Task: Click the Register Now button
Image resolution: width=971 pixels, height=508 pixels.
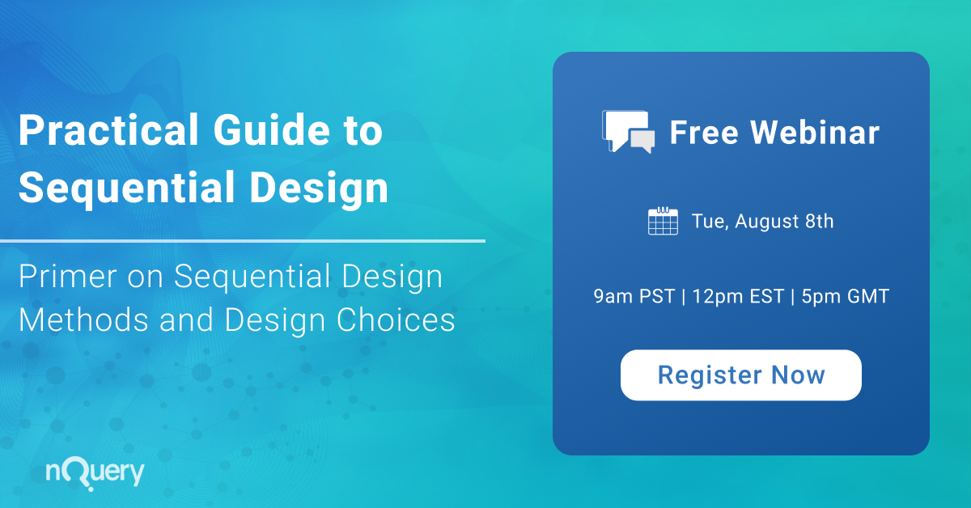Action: (740, 375)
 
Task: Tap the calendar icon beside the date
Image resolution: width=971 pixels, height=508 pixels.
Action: (663, 222)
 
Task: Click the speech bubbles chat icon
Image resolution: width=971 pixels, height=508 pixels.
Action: (628, 131)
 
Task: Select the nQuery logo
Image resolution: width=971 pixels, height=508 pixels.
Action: (95, 472)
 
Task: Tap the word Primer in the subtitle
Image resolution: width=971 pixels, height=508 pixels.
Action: (65, 277)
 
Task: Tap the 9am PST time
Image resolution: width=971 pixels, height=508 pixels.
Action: (634, 297)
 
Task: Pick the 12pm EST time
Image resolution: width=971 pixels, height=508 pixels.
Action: (738, 297)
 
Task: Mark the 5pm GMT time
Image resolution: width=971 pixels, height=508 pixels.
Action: (846, 297)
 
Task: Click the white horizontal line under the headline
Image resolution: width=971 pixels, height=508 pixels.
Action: (243, 240)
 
